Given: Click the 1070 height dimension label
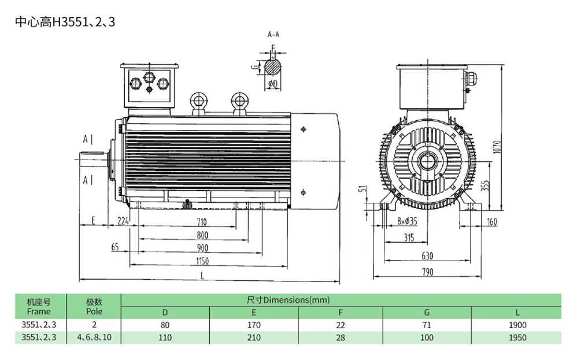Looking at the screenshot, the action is pyautogui.click(x=497, y=147).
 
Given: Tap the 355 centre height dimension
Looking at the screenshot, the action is pyautogui.click(x=486, y=185).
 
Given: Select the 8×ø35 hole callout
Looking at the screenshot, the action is pyautogui.click(x=407, y=221).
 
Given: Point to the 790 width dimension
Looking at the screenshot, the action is pyautogui.click(x=427, y=272).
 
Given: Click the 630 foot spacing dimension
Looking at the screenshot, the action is pyautogui.click(x=427, y=255).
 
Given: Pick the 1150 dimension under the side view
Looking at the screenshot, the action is pyautogui.click(x=202, y=261).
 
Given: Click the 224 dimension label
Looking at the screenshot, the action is pyautogui.click(x=123, y=221).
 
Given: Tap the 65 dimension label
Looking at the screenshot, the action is pyautogui.click(x=115, y=247).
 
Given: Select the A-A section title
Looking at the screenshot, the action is pyautogui.click(x=273, y=35).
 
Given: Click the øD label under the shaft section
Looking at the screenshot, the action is pyautogui.click(x=273, y=84).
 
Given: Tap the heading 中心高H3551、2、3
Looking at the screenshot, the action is pyautogui.click(x=65, y=22).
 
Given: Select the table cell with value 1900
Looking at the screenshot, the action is pyautogui.click(x=517, y=325).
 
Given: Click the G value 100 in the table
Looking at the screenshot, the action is pyautogui.click(x=427, y=337).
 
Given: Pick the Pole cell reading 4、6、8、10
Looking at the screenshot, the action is pyautogui.click(x=94, y=337).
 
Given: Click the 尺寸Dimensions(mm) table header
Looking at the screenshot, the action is pyautogui.click(x=288, y=300).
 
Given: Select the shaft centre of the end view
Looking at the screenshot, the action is pyautogui.click(x=427, y=161).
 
